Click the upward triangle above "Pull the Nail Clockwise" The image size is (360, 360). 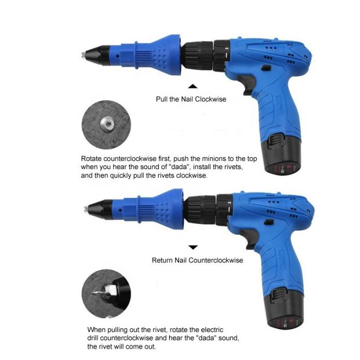[x=193, y=87]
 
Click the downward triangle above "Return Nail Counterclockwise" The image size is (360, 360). [x=193, y=248]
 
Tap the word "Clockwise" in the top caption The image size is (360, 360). [x=210, y=99]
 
